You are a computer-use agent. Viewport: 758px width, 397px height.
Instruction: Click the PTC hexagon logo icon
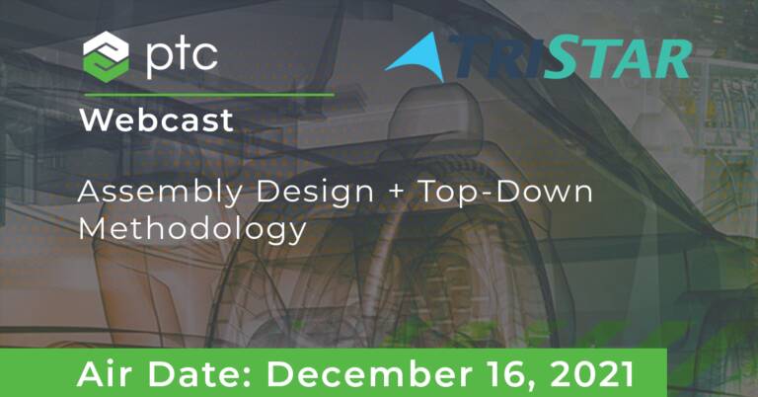tap(106, 56)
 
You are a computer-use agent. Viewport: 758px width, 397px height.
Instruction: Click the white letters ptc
tap(182, 58)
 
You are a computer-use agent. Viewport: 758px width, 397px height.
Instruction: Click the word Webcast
tap(157, 119)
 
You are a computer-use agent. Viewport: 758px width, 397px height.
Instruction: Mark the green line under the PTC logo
tap(209, 95)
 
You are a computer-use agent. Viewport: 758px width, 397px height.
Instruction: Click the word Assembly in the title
tap(160, 193)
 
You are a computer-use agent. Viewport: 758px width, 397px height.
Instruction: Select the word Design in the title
tap(315, 193)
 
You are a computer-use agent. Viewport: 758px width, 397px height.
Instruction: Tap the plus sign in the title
tap(396, 192)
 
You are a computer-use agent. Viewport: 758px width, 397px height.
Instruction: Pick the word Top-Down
tap(505, 192)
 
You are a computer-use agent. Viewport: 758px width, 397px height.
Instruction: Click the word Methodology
tap(192, 230)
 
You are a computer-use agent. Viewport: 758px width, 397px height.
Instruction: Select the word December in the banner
tap(369, 374)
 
